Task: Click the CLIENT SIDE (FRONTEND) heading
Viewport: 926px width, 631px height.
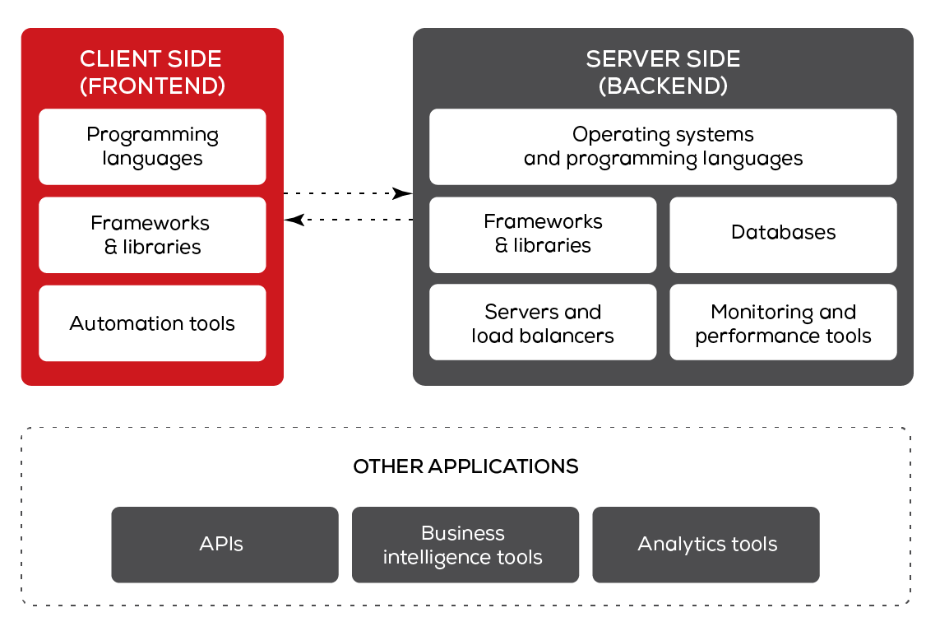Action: [x=152, y=72]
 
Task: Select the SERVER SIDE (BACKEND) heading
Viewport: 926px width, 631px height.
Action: [x=663, y=72]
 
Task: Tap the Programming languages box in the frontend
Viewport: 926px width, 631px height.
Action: [x=152, y=146]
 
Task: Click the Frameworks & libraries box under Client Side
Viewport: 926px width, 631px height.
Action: [x=152, y=235]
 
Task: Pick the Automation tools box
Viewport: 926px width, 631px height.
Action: [x=152, y=323]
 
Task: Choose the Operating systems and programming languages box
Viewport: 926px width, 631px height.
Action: [x=663, y=146]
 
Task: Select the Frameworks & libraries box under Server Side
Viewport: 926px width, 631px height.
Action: [x=543, y=235]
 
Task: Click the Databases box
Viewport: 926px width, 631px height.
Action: [x=783, y=235]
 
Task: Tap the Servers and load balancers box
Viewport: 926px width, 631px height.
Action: [x=543, y=322]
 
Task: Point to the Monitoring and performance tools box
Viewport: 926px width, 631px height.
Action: [x=783, y=322]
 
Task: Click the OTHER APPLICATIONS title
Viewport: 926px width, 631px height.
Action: [x=465, y=466]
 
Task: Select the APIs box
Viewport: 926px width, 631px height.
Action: [x=225, y=545]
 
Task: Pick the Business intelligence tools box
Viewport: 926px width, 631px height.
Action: [x=465, y=545]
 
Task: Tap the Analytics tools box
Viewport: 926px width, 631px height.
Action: [x=706, y=545]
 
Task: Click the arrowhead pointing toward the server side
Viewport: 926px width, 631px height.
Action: [x=403, y=193]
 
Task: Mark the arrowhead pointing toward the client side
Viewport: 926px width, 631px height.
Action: [x=294, y=220]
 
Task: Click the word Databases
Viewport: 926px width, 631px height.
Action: [x=783, y=232]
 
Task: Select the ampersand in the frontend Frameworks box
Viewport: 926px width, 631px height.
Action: [x=110, y=247]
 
